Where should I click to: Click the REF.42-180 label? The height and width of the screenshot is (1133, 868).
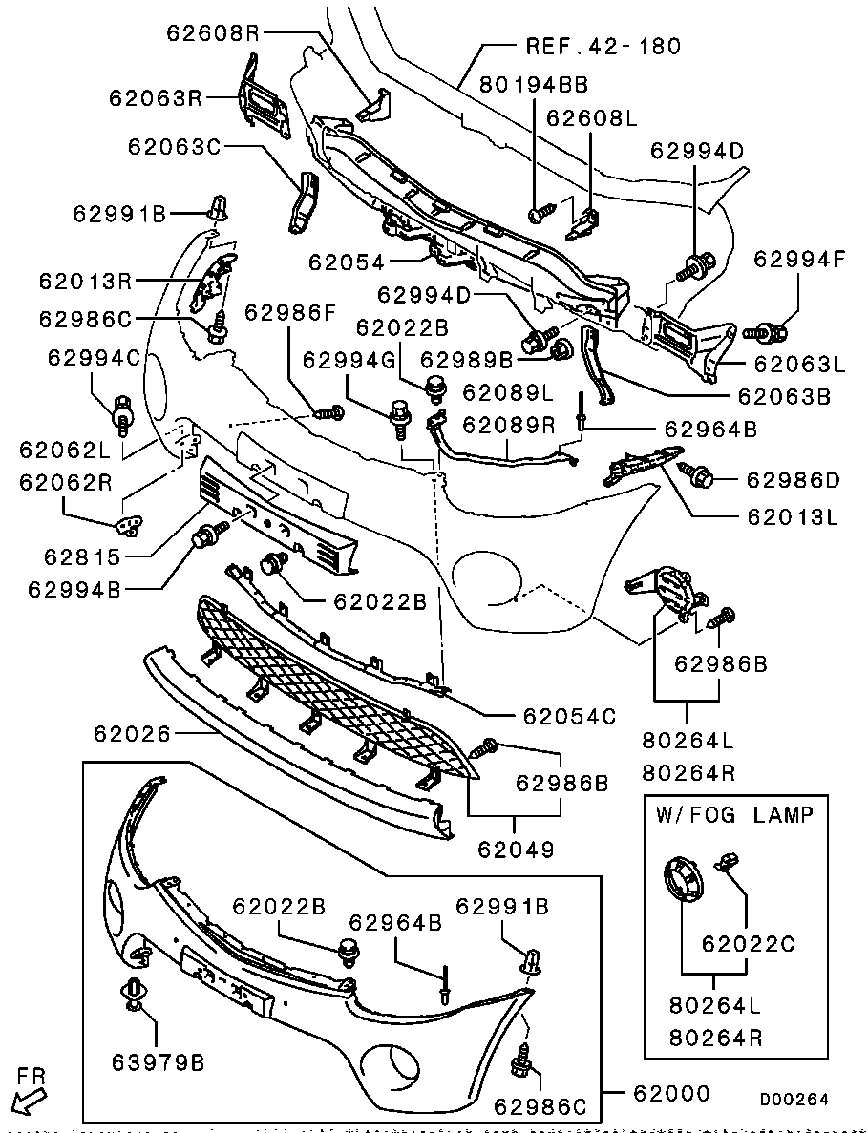[x=603, y=46]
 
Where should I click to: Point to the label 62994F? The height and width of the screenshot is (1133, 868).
[x=799, y=259]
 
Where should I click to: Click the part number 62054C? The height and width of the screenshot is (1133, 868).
[x=570, y=715]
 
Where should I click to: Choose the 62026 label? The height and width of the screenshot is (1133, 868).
[x=132, y=734]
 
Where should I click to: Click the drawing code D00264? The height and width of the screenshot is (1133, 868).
[x=794, y=1100]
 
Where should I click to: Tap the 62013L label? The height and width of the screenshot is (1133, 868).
[x=794, y=518]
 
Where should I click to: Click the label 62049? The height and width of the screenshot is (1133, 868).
[x=515, y=846]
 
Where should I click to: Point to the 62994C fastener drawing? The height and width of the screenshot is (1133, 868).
[x=122, y=412]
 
